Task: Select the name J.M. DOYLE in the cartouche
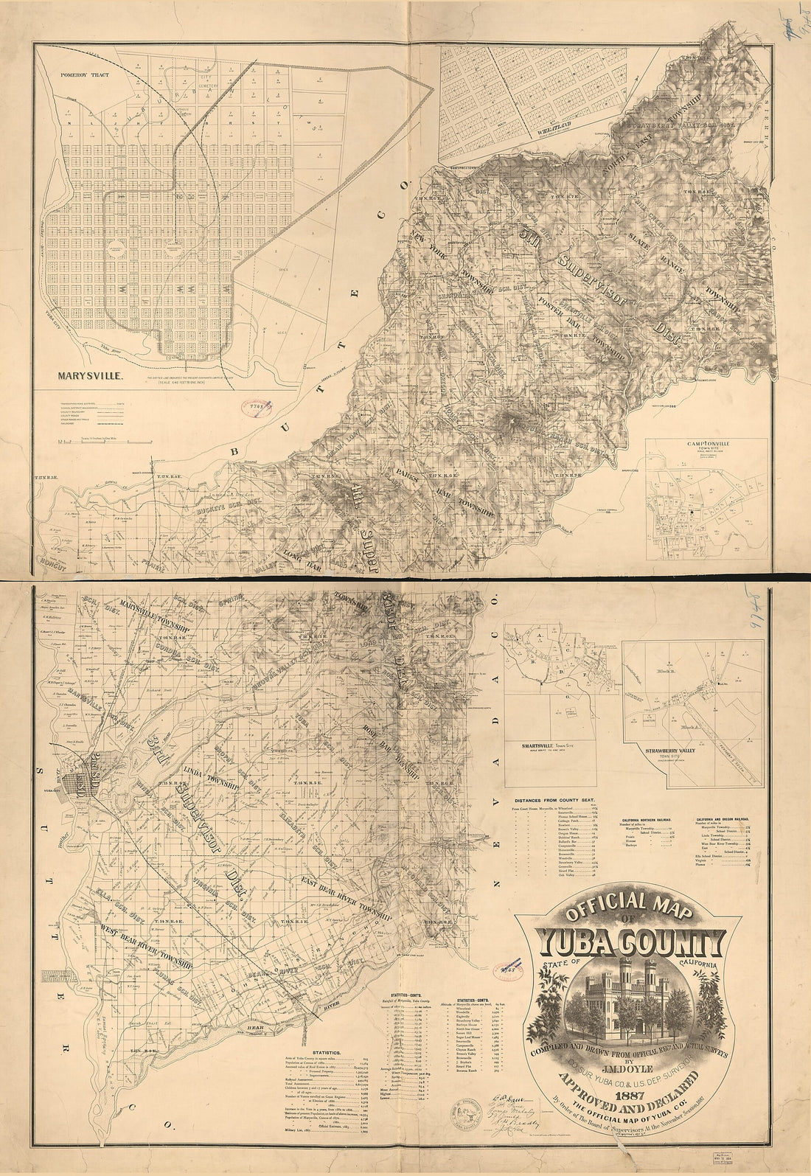click(x=622, y=1066)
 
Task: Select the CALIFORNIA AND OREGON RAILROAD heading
click(x=727, y=818)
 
